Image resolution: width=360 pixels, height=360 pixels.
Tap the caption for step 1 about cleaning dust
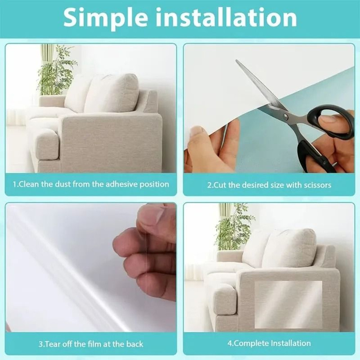point(91,184)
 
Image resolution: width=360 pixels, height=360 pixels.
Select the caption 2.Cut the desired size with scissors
point(269,185)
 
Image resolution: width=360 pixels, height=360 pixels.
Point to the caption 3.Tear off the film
point(91,344)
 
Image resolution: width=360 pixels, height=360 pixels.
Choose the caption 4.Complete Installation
point(269,343)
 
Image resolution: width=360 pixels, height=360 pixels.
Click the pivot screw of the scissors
point(285,116)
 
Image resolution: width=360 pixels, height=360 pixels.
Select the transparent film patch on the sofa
point(288,304)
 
